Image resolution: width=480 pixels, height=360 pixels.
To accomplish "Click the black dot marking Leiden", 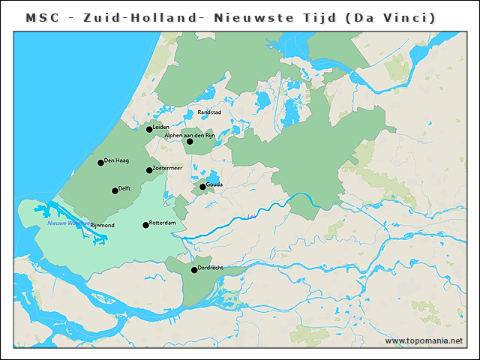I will pyautogui.click(x=149, y=130).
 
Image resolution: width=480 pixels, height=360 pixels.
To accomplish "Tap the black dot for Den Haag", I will pyautogui.click(x=100, y=163).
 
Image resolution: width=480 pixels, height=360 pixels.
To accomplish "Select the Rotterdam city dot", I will pyautogui.click(x=145, y=225).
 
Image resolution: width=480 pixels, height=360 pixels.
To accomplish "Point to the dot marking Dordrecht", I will pyautogui.click(x=194, y=270).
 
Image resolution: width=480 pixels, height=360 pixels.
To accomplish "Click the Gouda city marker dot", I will pyautogui.click(x=202, y=187).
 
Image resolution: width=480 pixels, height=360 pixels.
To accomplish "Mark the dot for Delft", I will pyautogui.click(x=115, y=190).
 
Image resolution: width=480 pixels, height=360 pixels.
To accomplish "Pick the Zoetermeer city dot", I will pyautogui.click(x=149, y=170).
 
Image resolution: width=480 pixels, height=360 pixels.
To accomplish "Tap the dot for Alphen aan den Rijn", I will pyautogui.click(x=190, y=142).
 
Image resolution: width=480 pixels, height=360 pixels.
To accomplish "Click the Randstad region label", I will pyautogui.click(x=209, y=112).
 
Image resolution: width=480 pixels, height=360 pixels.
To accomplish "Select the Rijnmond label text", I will pyautogui.click(x=102, y=225).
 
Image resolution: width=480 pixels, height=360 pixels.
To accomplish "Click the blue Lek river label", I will pyautogui.click(x=251, y=217).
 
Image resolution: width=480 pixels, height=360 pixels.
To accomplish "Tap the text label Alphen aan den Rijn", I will pyautogui.click(x=190, y=135).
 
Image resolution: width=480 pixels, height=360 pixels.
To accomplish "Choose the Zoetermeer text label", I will pyautogui.click(x=167, y=168).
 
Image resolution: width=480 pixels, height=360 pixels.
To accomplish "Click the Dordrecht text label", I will pyautogui.click(x=212, y=267).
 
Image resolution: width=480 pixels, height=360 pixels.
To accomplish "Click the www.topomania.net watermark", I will pyautogui.click(x=424, y=341).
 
